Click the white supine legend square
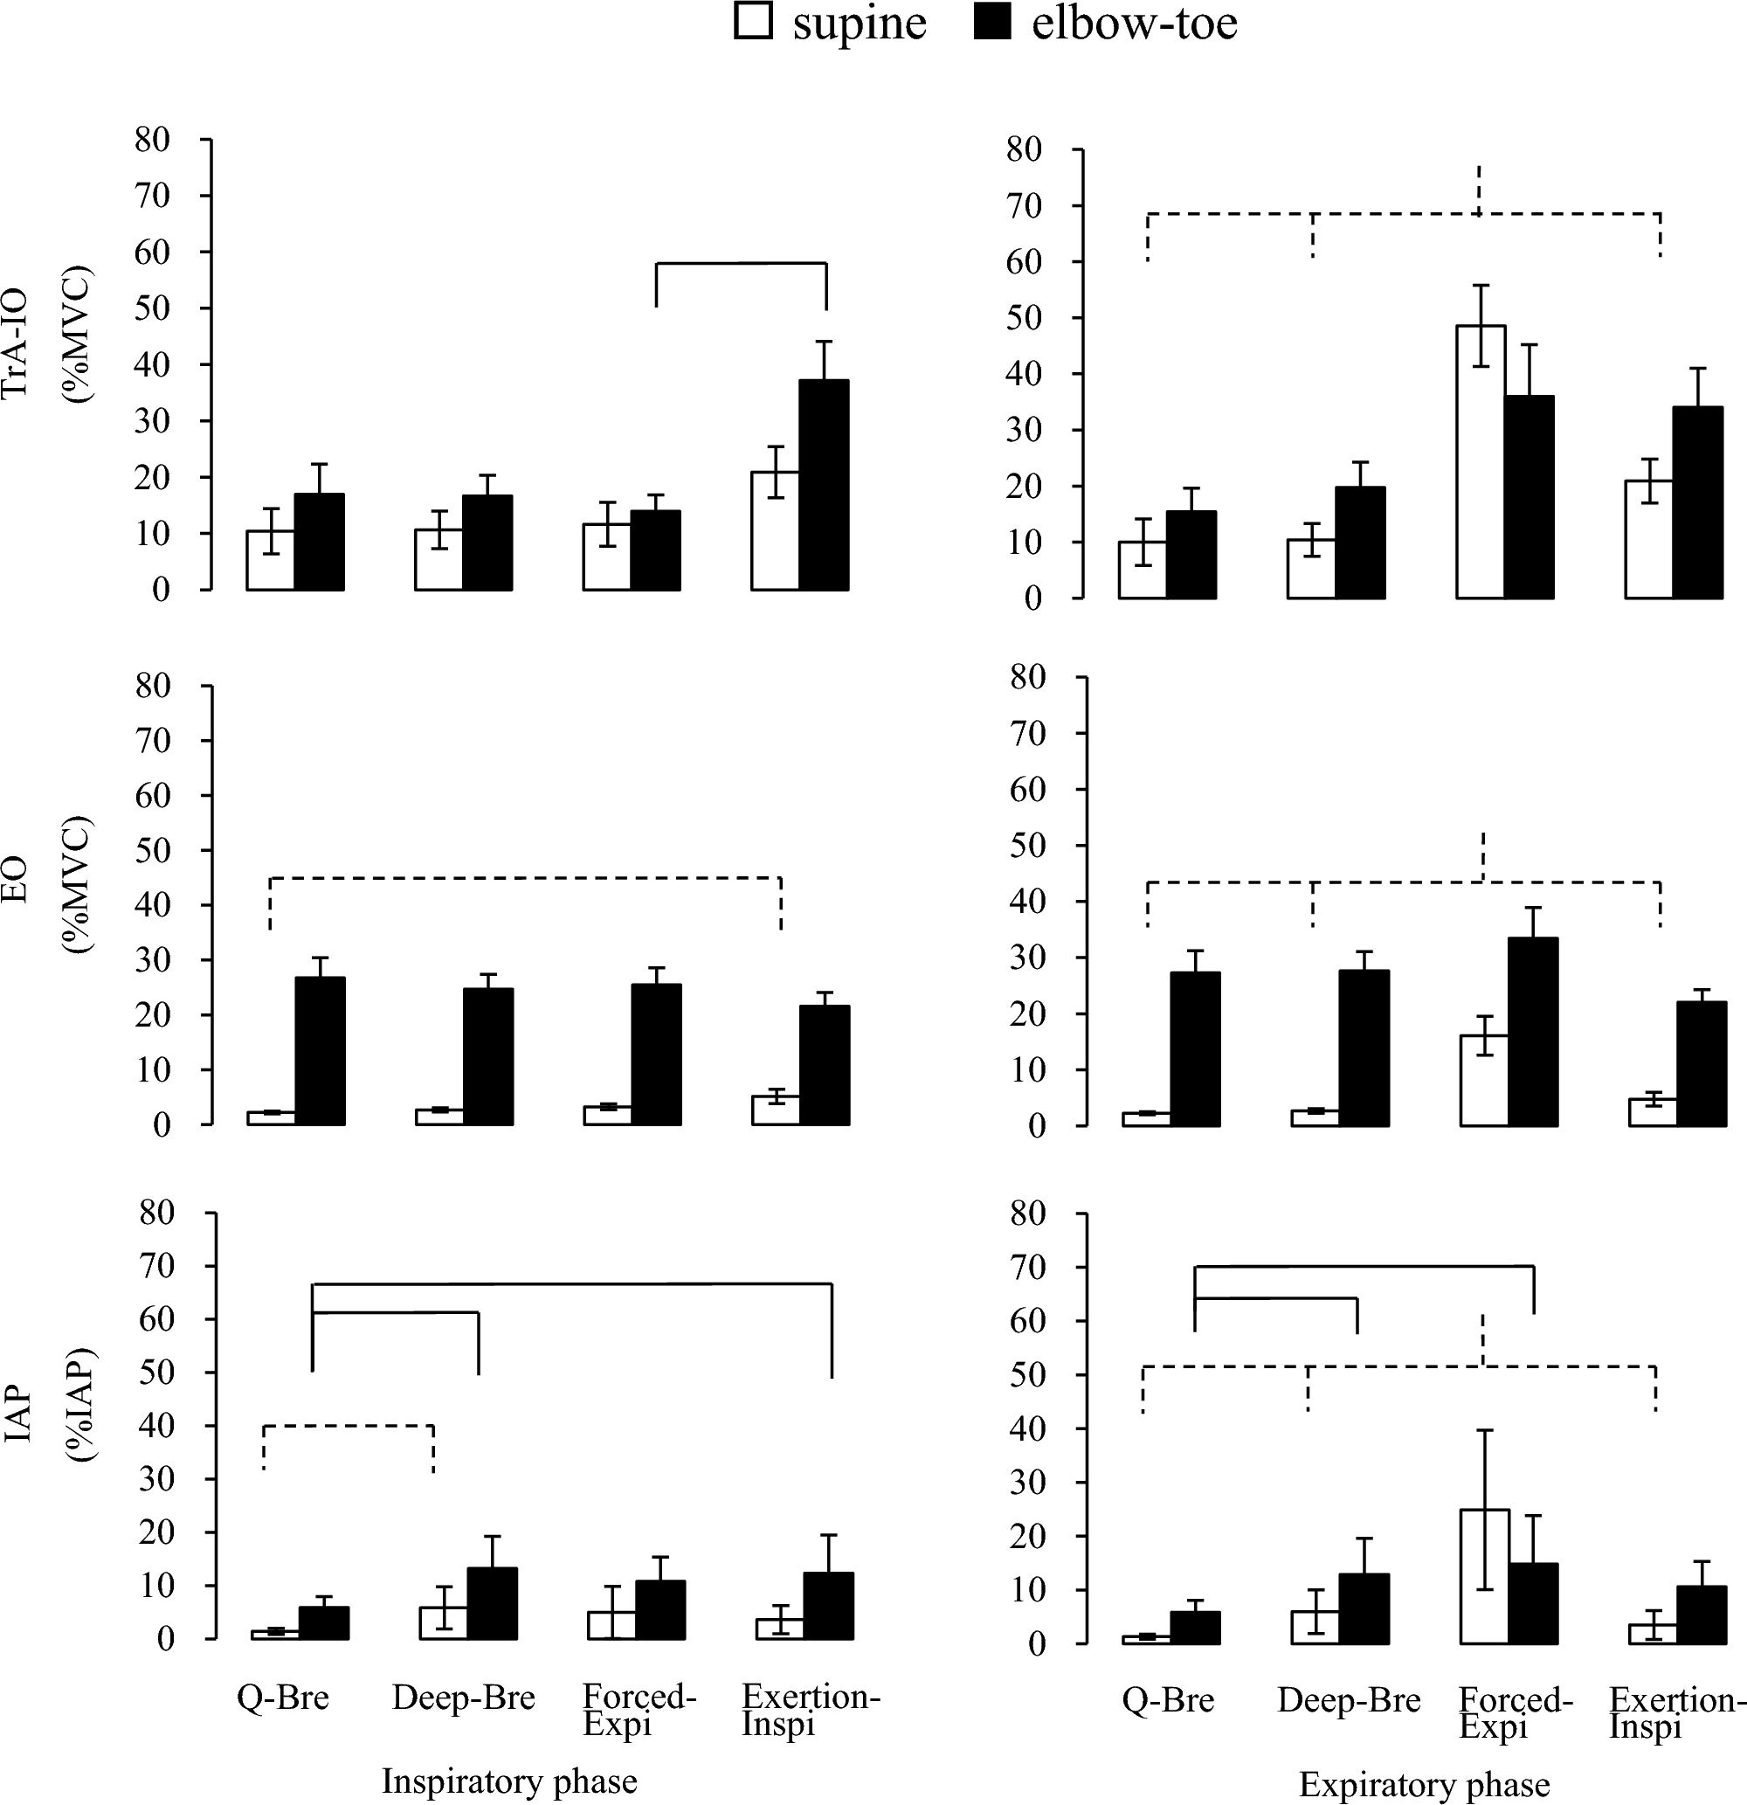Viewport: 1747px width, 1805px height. pyautogui.click(x=752, y=21)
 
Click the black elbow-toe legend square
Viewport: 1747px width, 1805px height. pyautogui.click(x=991, y=21)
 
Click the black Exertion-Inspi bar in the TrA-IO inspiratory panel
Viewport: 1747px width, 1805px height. pyautogui.click(x=824, y=486)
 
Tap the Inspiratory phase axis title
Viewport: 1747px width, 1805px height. pyautogui.click(x=509, y=1781)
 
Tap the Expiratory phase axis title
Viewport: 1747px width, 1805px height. pyautogui.click(x=1424, y=1785)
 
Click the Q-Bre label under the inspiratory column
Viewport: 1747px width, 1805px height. pyautogui.click(x=283, y=1697)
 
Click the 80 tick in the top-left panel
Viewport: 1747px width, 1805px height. pyautogui.click(x=154, y=140)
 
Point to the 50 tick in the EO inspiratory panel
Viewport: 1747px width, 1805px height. pyautogui.click(x=154, y=850)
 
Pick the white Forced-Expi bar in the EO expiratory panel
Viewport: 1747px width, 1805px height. pyautogui.click(x=1483, y=1080)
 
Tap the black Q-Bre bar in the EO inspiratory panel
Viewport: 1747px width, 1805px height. pyautogui.click(x=320, y=1051)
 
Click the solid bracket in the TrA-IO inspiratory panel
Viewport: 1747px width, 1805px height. pyautogui.click(x=741, y=263)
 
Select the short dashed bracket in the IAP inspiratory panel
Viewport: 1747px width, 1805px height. pyautogui.click(x=349, y=1427)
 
